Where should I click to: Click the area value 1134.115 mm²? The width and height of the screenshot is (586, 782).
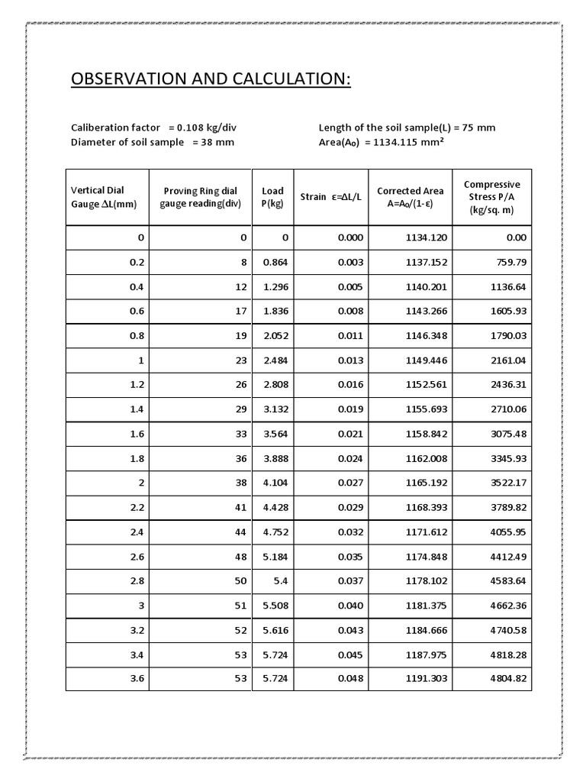click(x=401, y=142)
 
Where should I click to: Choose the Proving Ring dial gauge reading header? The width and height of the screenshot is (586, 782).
click(x=200, y=197)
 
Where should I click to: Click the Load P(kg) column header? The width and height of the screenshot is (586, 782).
click(x=272, y=197)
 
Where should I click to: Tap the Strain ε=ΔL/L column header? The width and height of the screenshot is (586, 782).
click(x=330, y=197)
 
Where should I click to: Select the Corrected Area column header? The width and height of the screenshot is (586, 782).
click(x=410, y=197)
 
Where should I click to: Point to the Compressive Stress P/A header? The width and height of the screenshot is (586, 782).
click(x=491, y=197)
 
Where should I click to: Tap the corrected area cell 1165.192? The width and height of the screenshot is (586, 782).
click(x=426, y=483)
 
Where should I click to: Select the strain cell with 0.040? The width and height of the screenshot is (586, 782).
click(x=350, y=605)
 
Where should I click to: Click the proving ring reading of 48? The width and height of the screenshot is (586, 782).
click(x=242, y=556)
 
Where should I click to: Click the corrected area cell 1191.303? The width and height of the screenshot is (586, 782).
click(x=426, y=678)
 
